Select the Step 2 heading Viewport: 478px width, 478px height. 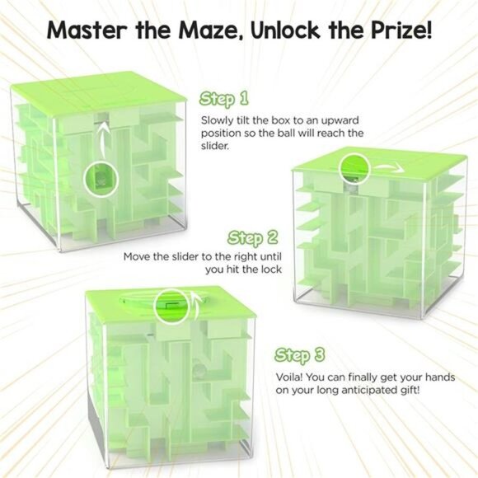point(253,239)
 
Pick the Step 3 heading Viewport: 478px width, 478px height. point(300,356)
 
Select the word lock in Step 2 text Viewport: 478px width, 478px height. point(270,269)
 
